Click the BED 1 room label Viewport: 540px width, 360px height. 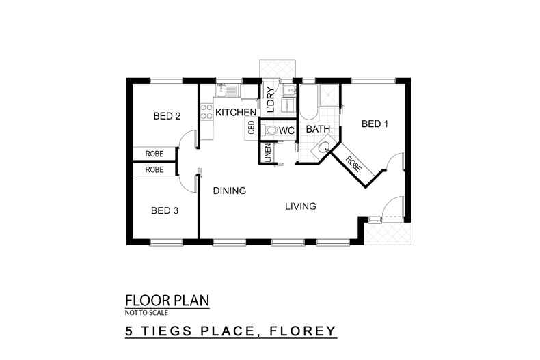[375, 124]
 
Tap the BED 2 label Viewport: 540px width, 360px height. [167, 116]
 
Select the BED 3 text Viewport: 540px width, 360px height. [165, 210]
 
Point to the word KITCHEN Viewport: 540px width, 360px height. [236, 112]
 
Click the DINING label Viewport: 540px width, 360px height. [228, 191]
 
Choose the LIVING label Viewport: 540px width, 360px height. [301, 206]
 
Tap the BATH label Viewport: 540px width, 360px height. [318, 129]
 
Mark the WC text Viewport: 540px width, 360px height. [286, 130]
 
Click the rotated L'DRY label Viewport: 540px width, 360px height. [271, 100]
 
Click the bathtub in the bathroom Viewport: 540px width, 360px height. [307, 101]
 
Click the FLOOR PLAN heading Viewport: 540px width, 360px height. [167, 300]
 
